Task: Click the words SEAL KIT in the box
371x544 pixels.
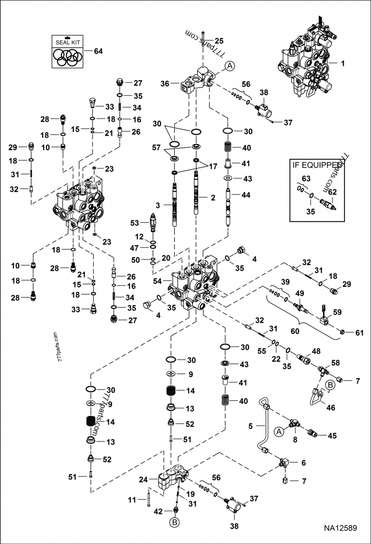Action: click(69, 42)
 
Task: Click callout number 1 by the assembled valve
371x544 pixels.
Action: click(343, 64)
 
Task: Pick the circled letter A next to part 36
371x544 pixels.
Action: click(230, 66)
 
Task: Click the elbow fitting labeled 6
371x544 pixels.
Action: click(283, 462)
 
